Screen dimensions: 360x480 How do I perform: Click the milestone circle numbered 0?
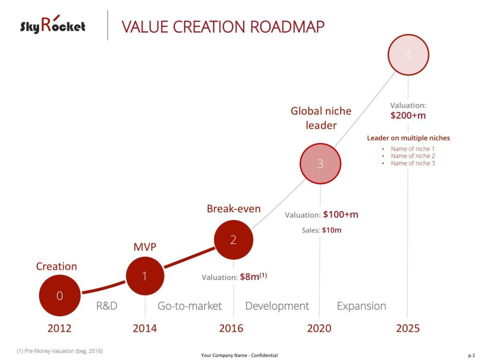coord(60,296)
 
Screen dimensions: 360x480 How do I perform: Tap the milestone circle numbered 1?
coord(145,276)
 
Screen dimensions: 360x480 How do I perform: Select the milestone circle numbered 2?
coord(233,240)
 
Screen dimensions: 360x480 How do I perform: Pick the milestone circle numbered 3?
coord(320,164)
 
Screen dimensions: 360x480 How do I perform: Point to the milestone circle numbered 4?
coord(408,55)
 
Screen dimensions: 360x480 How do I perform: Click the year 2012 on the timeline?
coord(60,328)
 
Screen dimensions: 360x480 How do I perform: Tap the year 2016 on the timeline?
coord(231,328)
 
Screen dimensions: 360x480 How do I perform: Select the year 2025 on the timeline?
coord(407,328)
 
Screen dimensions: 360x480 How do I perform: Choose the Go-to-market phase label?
coord(189,306)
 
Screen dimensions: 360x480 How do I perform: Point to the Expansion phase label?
coord(361,306)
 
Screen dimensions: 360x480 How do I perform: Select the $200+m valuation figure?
coord(408,116)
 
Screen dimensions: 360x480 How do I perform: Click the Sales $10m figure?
coord(331,230)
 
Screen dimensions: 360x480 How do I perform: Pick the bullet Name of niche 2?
coord(413,156)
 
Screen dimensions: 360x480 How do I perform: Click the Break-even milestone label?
coord(233,209)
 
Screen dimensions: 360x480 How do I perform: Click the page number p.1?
coord(471,356)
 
